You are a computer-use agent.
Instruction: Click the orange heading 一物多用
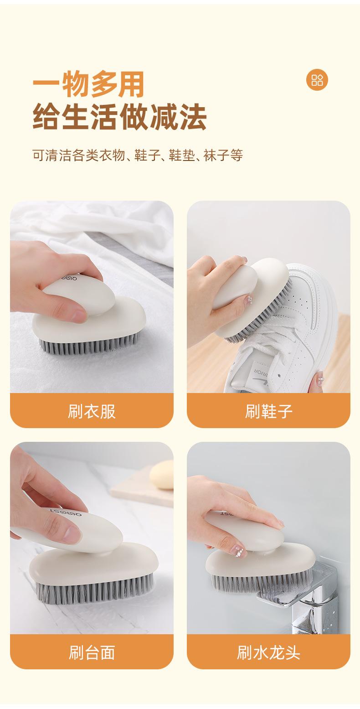(88, 84)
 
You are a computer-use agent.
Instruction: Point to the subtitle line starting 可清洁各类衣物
(138, 155)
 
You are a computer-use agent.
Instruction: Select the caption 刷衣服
(92, 411)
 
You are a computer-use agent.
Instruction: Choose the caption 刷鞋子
(268, 411)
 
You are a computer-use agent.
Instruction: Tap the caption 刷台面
(92, 652)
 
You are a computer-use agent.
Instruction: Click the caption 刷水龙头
(268, 652)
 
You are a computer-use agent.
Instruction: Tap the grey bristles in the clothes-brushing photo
(88, 345)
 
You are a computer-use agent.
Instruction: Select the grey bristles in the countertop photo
(94, 589)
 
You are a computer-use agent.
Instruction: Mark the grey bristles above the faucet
(259, 583)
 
